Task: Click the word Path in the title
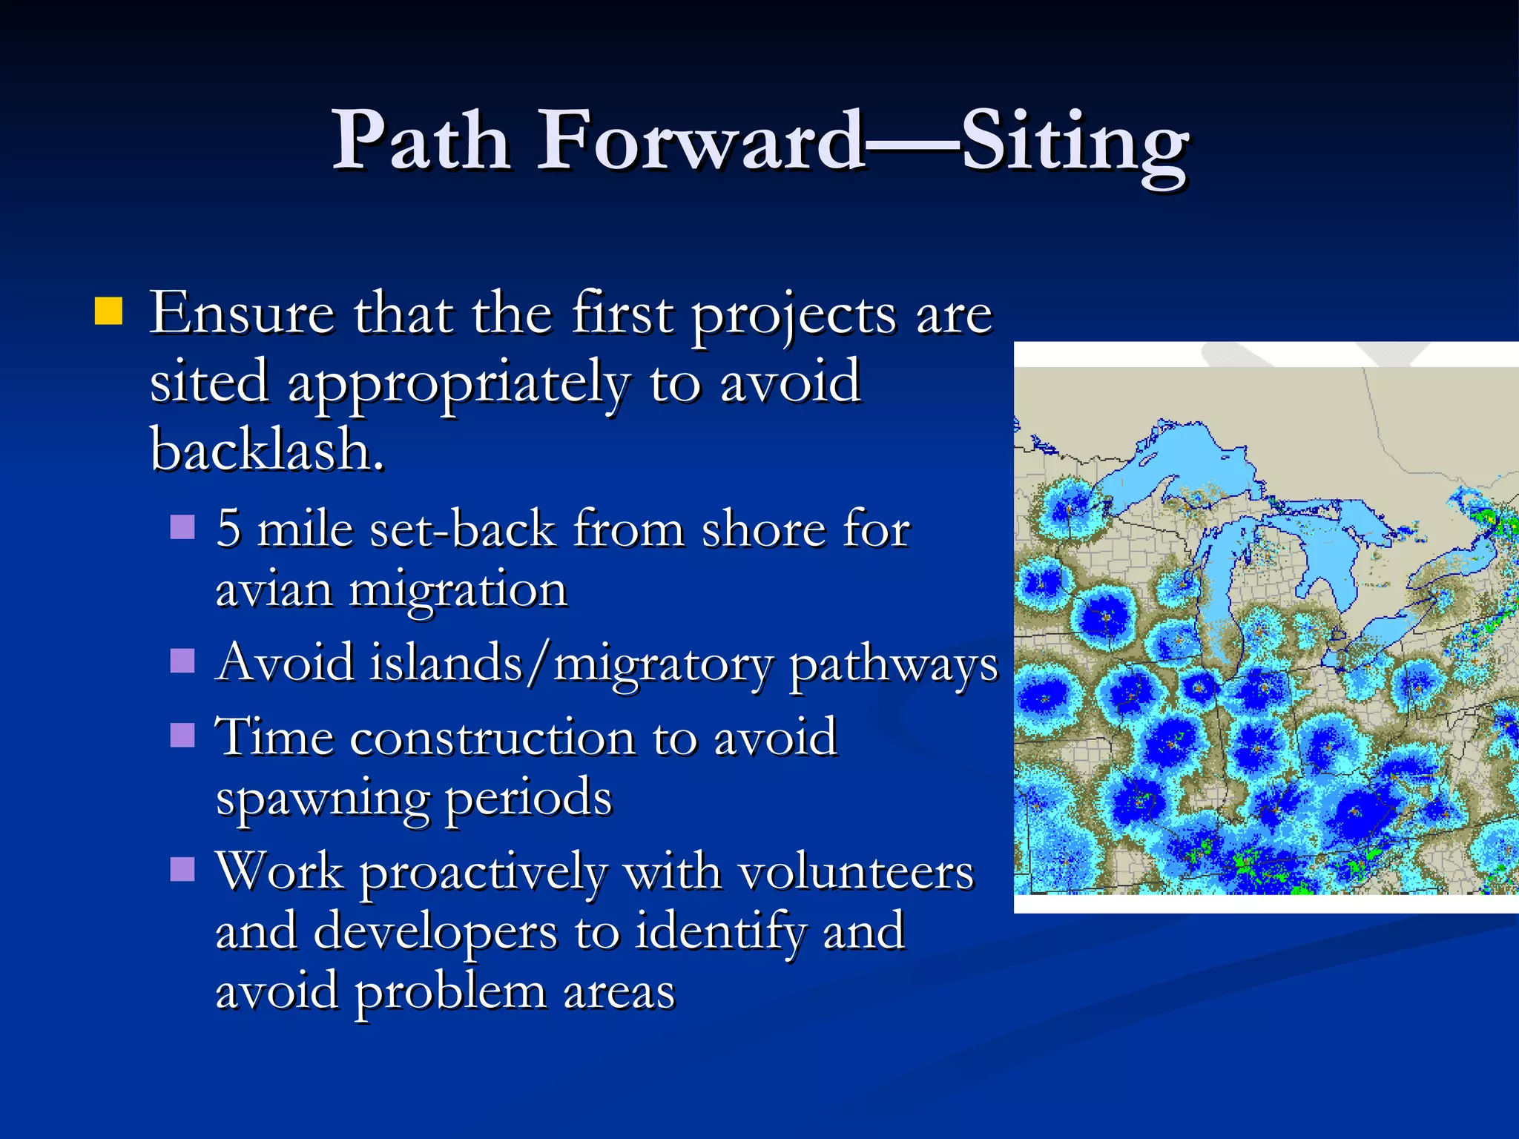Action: tap(421, 141)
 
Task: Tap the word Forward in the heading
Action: tap(699, 141)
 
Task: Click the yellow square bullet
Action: tap(108, 311)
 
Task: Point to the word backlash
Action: tap(267, 450)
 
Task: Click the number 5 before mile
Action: tap(228, 529)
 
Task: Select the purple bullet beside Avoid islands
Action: tap(182, 660)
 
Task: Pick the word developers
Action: tap(435, 932)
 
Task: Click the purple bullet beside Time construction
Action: tap(182, 736)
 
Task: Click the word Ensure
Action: tap(242, 314)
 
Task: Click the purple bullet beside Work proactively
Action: tap(182, 868)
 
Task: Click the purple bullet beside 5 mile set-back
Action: tap(182, 527)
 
